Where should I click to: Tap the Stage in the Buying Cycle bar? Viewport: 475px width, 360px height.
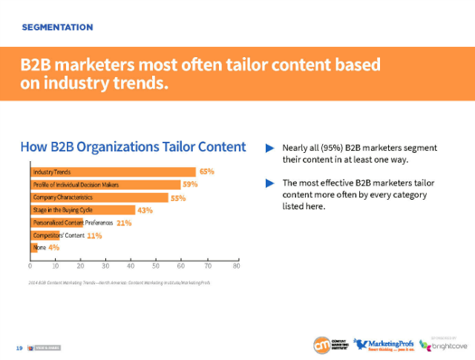click(82, 210)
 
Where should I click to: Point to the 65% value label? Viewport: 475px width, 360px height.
click(206, 171)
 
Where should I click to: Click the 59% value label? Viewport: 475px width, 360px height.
click(190, 184)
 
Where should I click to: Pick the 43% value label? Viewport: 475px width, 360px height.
click(145, 210)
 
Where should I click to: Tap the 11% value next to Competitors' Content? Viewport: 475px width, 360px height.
click(94, 235)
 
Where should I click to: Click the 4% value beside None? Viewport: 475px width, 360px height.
click(53, 247)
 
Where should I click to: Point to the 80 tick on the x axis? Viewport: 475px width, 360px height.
click(236, 265)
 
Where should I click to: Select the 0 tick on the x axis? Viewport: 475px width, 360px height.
click(30, 265)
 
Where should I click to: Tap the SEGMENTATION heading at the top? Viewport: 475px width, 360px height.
click(57, 27)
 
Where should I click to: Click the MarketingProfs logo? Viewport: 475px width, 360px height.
click(383, 344)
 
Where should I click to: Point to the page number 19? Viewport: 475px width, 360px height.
click(18, 347)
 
